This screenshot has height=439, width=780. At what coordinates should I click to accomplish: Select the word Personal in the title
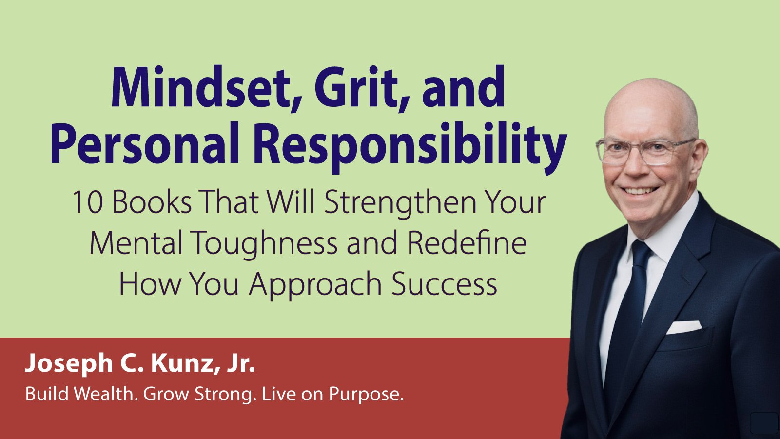144,144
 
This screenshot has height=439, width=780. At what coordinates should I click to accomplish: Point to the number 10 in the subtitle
88,202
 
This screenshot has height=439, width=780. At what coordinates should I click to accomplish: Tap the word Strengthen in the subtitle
400,204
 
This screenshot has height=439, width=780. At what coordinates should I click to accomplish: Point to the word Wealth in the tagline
104,394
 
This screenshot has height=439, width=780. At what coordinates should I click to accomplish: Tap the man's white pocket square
684,327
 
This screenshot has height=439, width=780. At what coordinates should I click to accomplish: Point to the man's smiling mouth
640,191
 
